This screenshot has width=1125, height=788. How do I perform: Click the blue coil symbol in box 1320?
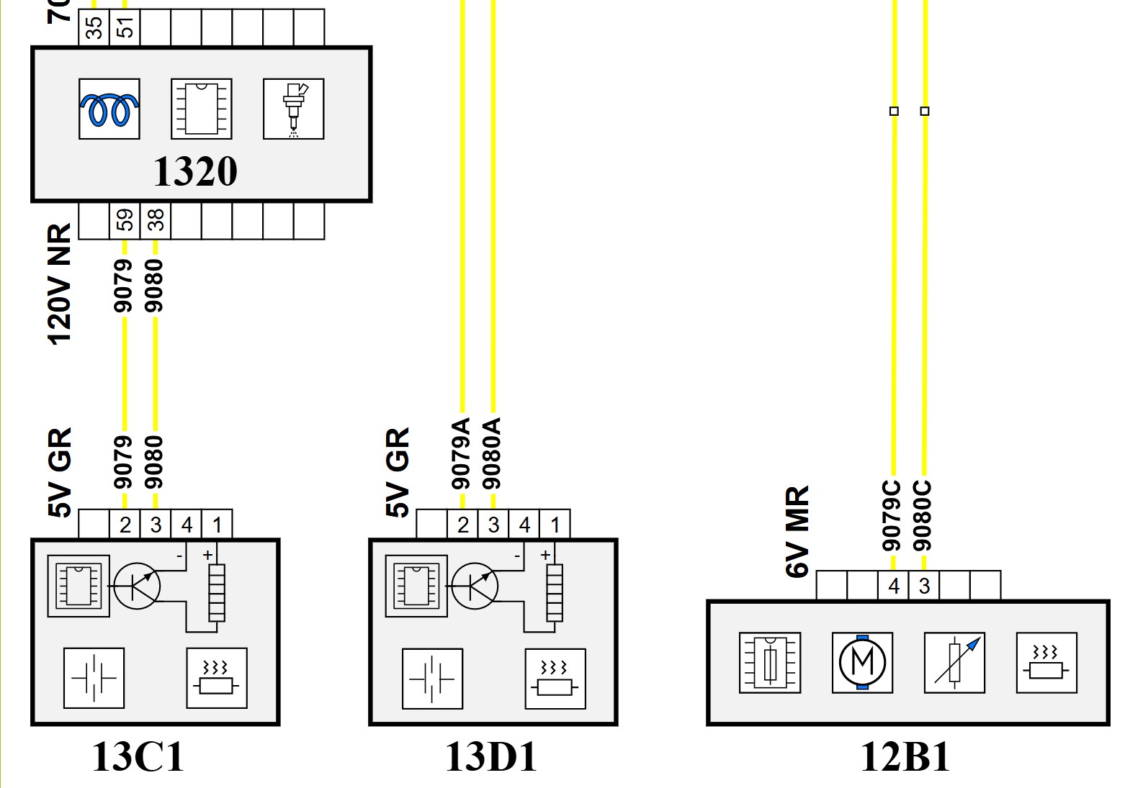point(109,109)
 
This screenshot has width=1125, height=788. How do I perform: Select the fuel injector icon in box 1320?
point(294,109)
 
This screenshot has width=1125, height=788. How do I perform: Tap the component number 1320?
point(195,172)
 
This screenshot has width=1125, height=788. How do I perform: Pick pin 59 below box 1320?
point(125,219)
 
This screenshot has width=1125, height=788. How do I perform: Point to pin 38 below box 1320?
point(155,219)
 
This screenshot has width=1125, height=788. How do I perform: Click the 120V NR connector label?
point(60,284)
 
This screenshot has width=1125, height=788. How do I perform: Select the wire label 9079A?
point(461,453)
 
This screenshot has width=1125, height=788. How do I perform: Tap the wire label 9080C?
point(923,515)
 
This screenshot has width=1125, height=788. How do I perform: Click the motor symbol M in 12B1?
point(862,663)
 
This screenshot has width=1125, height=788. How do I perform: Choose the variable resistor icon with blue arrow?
point(955,663)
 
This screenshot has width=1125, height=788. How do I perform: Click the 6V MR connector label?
point(797,532)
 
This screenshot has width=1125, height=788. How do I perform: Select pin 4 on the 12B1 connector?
point(894,586)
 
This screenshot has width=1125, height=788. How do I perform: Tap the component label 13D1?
point(491,757)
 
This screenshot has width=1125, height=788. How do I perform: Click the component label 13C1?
point(138,757)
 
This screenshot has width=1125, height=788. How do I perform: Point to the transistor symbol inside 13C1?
point(137,587)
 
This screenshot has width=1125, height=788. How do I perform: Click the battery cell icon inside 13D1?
point(432,679)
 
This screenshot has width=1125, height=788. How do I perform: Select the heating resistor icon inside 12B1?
point(1046,663)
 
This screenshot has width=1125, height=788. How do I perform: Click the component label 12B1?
point(905,757)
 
